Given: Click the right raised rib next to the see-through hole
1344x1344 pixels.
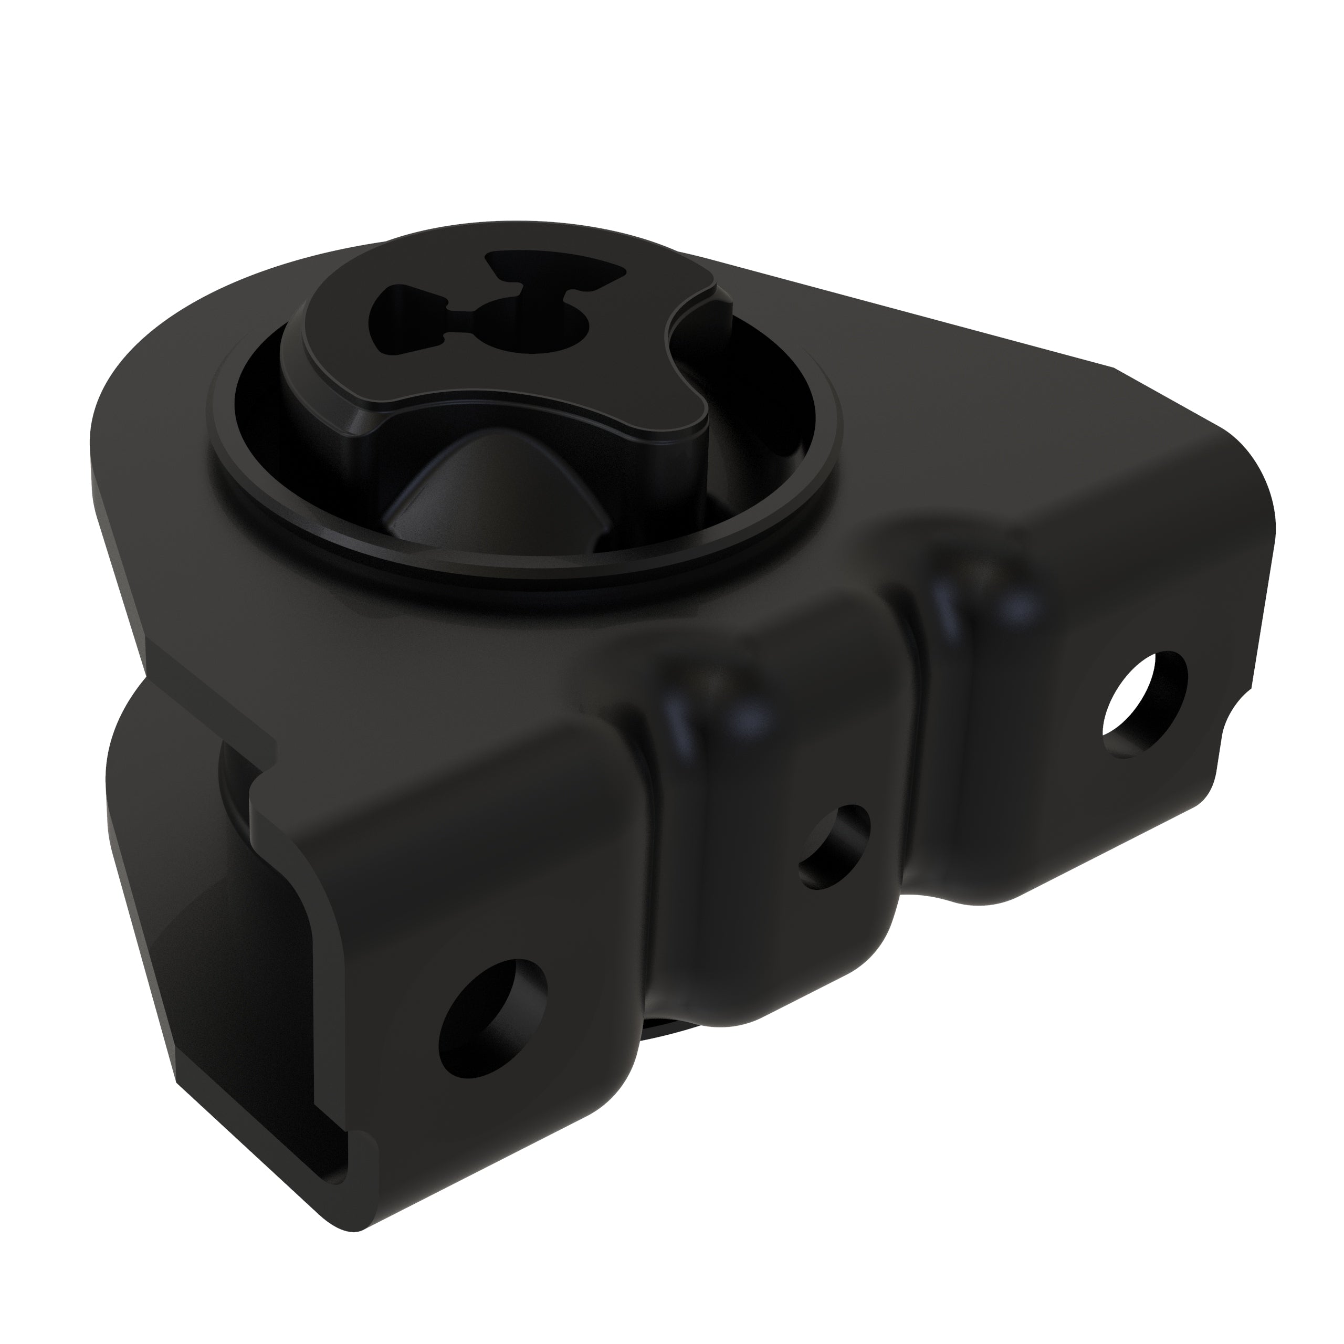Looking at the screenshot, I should tap(974, 612).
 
